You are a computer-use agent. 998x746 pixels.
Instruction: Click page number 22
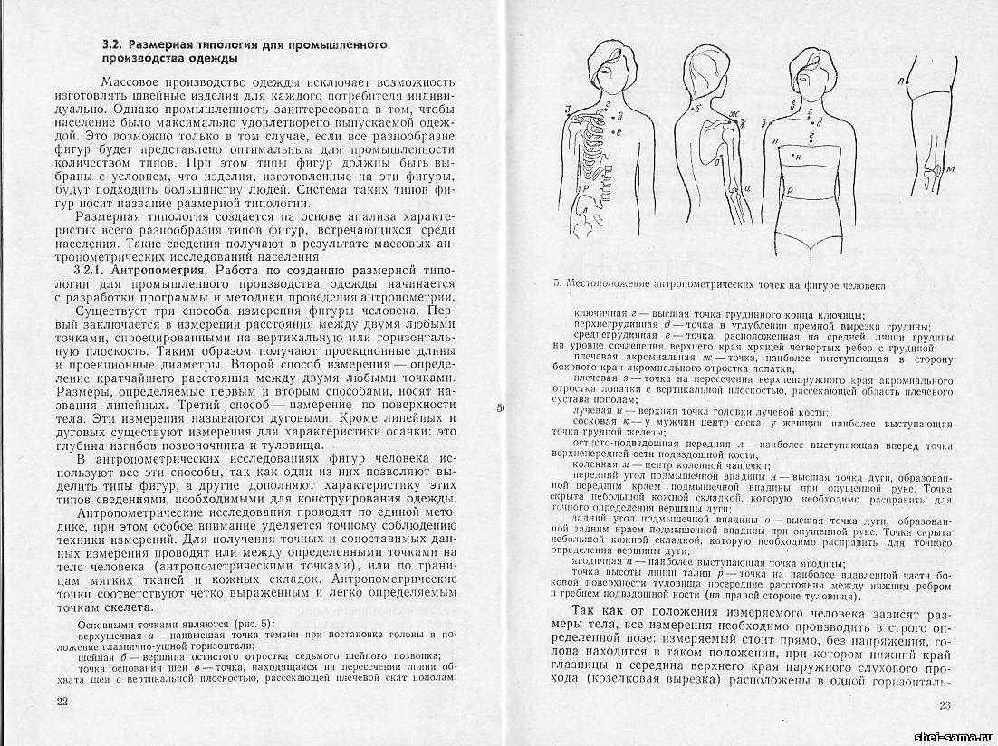coord(62,702)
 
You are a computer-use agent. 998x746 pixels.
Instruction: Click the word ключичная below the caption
coord(599,312)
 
